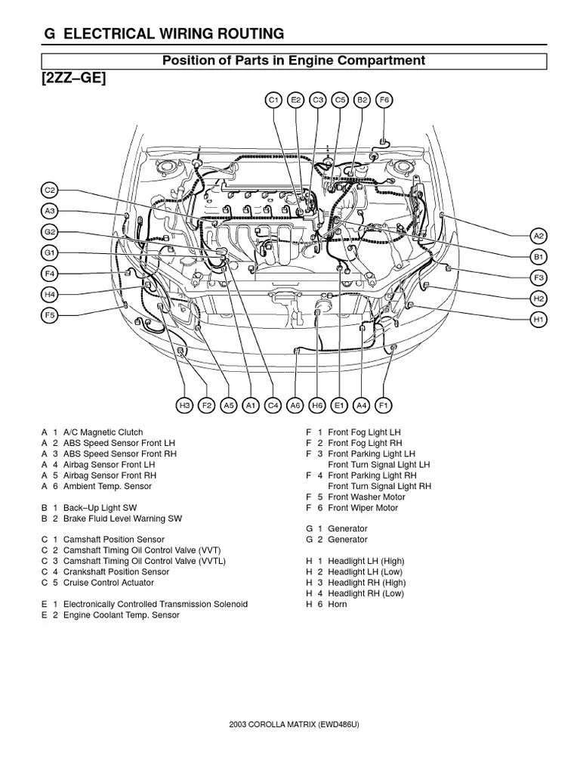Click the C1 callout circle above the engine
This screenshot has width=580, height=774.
tap(273, 100)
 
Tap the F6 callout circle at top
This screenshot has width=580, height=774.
tap(384, 100)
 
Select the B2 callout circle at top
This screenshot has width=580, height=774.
tap(362, 100)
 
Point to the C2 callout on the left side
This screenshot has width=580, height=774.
tap(50, 190)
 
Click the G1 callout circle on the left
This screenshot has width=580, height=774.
tap(50, 252)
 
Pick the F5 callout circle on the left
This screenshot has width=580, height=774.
tap(50, 315)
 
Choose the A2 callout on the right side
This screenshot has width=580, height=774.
tap(538, 236)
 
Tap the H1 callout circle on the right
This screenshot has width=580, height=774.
tap(538, 320)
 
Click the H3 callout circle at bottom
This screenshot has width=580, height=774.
tap(184, 406)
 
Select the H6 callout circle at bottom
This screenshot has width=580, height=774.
tap(317, 406)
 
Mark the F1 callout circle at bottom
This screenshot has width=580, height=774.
tap(384, 406)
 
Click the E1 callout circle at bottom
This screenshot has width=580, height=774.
tap(339, 406)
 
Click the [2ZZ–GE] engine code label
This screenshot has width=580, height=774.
tap(69, 79)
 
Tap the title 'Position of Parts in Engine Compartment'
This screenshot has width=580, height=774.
tap(294, 60)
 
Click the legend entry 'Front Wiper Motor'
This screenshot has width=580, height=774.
tap(362, 508)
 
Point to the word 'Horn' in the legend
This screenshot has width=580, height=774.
tap(338, 605)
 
